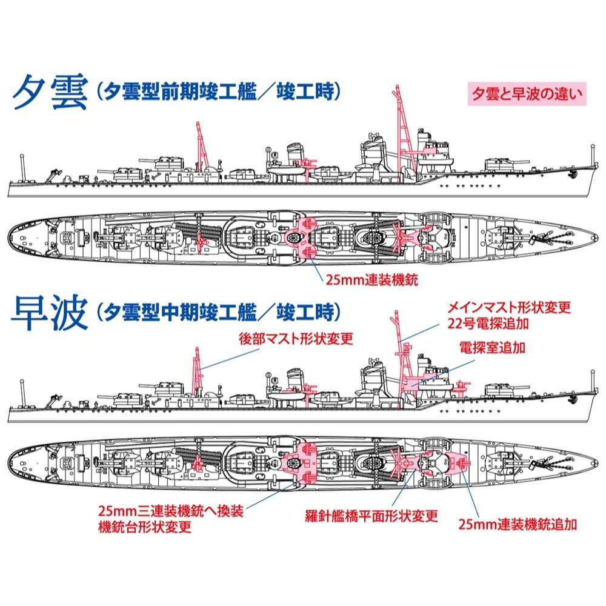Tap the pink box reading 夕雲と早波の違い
pos(527,94)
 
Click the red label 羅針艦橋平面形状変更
pos(371,516)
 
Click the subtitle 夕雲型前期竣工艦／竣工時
pos(218,92)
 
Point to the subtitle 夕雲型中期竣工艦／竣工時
pos(218,313)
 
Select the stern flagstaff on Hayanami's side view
pos(22,393)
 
